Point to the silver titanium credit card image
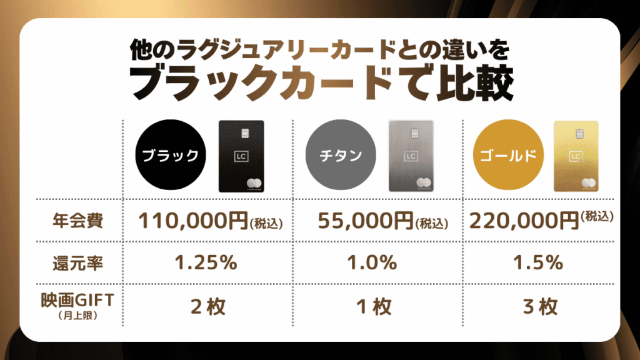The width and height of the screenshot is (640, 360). click(411, 156)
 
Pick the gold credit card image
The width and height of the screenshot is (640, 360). click(576, 156)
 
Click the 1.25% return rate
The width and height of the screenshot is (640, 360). click(205, 263)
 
